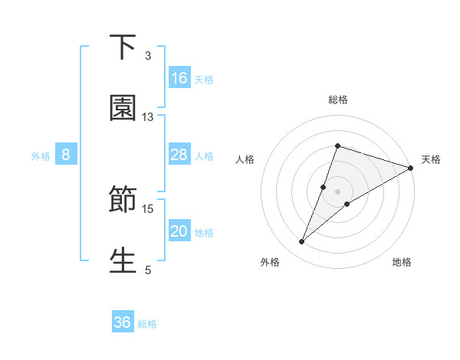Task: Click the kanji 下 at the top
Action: [x=123, y=47]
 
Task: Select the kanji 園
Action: [x=123, y=108]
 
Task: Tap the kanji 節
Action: [x=123, y=201]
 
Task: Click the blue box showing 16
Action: [x=179, y=78]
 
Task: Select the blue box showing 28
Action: [x=179, y=155]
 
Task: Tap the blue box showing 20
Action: [x=179, y=232]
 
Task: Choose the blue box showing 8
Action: [x=66, y=155]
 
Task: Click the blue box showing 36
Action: [x=123, y=323]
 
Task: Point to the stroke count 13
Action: [x=148, y=116]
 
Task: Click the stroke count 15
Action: [x=148, y=208]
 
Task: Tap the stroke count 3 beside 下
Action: [x=148, y=55]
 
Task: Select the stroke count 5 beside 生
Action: [x=148, y=270]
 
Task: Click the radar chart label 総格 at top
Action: [x=338, y=100]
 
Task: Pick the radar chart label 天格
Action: [x=431, y=159]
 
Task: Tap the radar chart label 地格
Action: [x=402, y=262]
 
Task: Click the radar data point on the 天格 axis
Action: [x=411, y=168]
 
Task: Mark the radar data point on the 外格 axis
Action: [x=302, y=242]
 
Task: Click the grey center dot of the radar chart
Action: [x=338, y=191]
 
